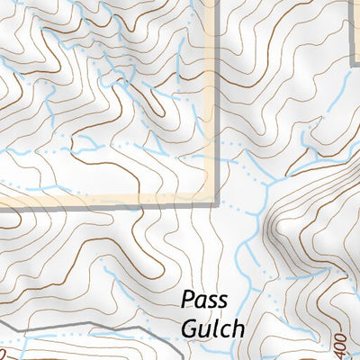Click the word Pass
point(205,300)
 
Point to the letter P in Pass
point(188,300)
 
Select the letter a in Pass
point(201,301)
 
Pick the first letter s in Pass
point(211,301)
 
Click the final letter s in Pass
point(222,301)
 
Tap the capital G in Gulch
point(188,328)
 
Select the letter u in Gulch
point(202,330)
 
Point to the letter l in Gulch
point(211,328)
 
